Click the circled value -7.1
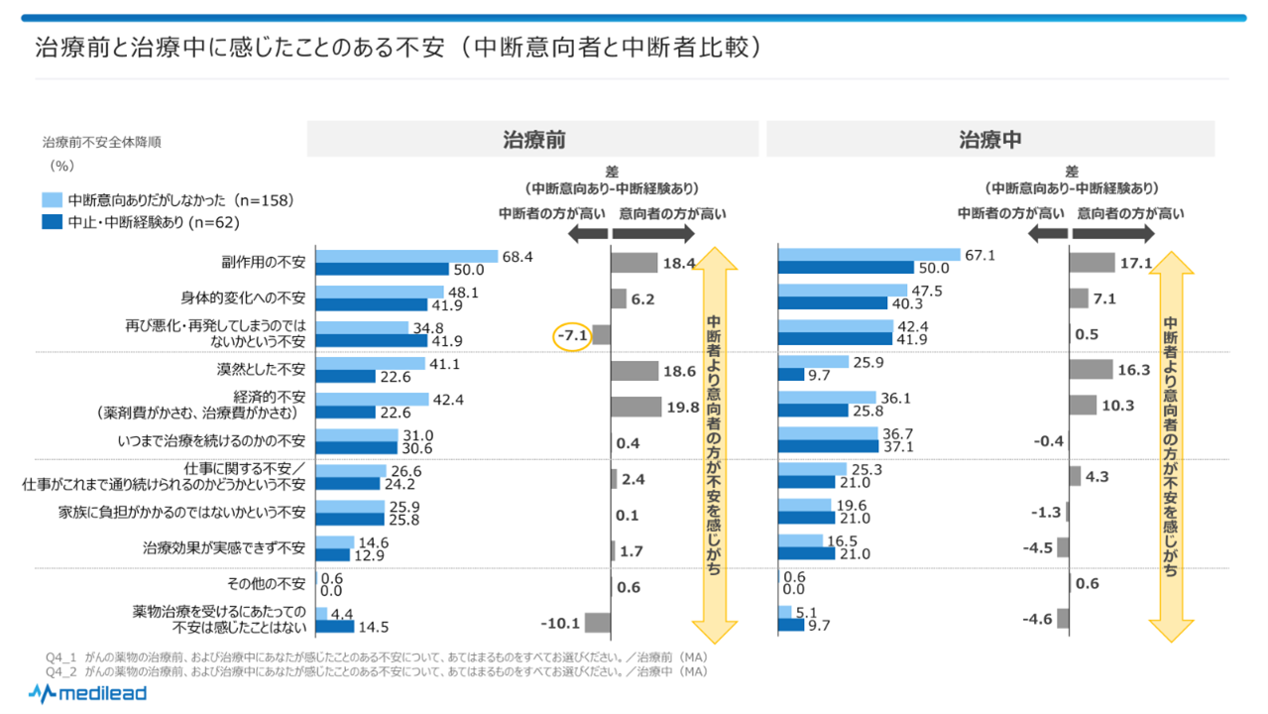pos(572,335)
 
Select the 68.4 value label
pos(519,256)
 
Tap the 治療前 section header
pos(533,140)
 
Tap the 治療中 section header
pos(989,140)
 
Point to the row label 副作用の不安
pos(263,263)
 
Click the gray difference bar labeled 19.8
pos(635,407)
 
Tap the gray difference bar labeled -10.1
pos(597,623)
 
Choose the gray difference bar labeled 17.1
pos(1092,263)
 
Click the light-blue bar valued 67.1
pos(869,256)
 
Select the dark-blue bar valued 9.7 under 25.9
pos(791,375)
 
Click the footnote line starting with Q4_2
pos(377,671)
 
